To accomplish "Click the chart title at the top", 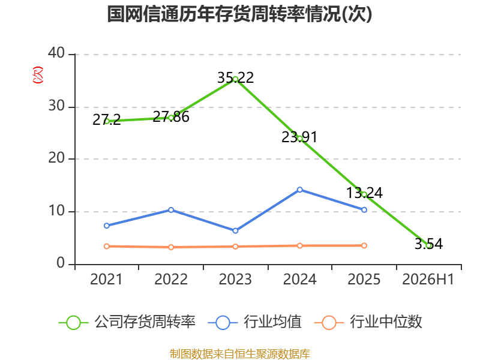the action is [239, 14].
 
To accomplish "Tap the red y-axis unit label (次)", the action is [38, 75].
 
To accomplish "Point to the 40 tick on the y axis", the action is [56, 53].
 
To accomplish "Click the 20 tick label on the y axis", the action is [56, 158].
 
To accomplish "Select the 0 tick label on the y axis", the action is [61, 263].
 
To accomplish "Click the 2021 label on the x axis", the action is [106, 279].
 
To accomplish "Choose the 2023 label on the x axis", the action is [235, 279].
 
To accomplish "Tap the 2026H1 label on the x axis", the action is [428, 279].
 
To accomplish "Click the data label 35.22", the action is [235, 78].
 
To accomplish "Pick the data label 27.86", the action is [171, 117].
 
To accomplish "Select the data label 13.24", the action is [364, 193].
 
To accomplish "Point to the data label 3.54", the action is [428, 244].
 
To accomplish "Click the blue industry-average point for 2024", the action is [299, 190].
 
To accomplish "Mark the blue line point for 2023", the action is [235, 230].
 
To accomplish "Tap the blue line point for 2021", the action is [107, 226].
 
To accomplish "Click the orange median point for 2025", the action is [364, 245].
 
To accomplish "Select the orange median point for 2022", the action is [171, 247].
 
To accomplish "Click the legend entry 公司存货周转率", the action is [127, 322].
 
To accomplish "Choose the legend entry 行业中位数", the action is [368, 322].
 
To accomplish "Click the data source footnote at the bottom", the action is [239, 354].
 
